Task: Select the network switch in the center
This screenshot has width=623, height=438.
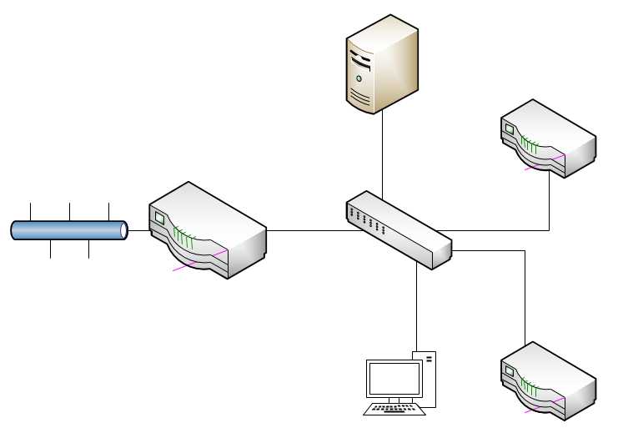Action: [x=399, y=229]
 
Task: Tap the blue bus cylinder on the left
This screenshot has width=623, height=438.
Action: [x=67, y=230]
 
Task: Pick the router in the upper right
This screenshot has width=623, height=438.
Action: [x=548, y=138]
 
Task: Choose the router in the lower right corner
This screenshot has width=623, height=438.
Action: [x=548, y=380]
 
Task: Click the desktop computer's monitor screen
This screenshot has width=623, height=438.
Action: [x=394, y=380]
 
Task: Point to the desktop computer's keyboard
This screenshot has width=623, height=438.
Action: [x=392, y=409]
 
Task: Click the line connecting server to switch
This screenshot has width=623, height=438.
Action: [x=382, y=154]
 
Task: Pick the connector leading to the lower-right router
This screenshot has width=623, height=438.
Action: [x=525, y=292]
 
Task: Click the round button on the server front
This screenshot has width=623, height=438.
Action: [x=359, y=78]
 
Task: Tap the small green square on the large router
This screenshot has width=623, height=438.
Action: [x=160, y=219]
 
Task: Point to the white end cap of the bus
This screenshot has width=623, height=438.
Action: [x=123, y=230]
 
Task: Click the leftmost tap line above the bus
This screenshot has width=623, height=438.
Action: [x=31, y=210]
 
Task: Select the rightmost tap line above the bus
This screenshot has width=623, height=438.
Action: [x=108, y=210]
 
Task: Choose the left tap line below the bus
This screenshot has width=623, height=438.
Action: [x=50, y=249]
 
